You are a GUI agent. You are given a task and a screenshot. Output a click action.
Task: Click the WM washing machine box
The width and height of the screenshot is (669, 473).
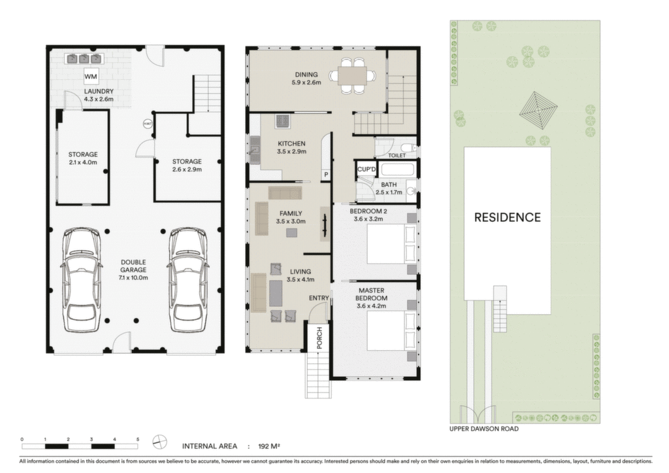[x=90, y=77]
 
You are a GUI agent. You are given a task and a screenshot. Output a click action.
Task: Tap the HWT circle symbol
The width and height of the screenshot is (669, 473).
[x=148, y=124]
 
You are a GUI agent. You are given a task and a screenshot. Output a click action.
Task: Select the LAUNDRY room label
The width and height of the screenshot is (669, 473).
[x=99, y=92]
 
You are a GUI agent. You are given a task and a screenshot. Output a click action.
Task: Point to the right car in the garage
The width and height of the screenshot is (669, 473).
[x=188, y=280]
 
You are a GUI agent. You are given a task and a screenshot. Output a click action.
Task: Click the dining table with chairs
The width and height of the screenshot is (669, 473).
[x=353, y=76]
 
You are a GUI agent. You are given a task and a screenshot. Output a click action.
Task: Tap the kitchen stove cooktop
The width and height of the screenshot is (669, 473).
[x=282, y=121]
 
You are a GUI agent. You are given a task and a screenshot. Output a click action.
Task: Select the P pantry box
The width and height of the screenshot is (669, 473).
[x=326, y=175]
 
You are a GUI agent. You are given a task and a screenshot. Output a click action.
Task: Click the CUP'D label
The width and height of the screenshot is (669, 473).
[x=367, y=169]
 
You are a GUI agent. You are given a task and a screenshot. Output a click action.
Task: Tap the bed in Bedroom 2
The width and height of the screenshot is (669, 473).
[x=392, y=243]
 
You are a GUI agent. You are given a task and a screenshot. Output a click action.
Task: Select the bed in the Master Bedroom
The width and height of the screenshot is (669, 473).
[x=392, y=331]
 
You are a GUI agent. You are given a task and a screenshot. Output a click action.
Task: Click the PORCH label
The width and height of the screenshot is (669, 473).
[x=319, y=338]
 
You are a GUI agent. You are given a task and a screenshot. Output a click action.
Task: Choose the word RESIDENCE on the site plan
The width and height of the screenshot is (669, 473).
[x=507, y=217]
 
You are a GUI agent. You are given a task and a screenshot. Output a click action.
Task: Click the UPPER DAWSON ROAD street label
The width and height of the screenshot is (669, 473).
[x=484, y=429]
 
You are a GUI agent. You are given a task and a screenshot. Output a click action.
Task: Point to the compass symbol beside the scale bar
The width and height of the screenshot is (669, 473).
[x=159, y=442]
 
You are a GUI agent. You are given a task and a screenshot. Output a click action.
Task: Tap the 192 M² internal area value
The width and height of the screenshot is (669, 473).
[x=269, y=447]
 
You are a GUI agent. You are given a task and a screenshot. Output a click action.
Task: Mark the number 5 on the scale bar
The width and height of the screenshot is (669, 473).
[x=137, y=439]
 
